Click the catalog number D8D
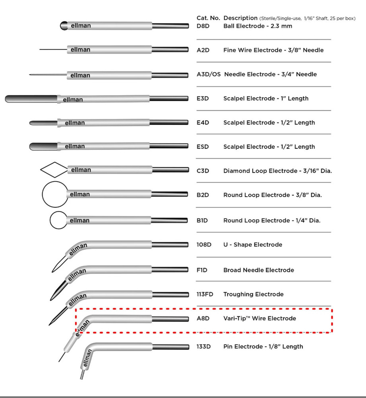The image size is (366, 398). pos(203,26)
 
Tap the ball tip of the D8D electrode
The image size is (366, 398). pos(63,26)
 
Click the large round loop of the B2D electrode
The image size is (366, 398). pos(54,194)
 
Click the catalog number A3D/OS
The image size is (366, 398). pos(209,74)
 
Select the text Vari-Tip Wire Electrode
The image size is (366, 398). pos(259,318)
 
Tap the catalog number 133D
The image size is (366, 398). pos(203,347)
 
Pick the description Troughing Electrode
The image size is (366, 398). pos(253,295)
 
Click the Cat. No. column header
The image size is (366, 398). pos(208,18)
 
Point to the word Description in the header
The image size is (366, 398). pos(240,18)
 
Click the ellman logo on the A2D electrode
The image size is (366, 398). pos(81,50)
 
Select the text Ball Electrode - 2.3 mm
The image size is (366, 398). pos(258,26)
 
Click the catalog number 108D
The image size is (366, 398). pos(204,245)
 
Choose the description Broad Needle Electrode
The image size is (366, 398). pos(259,270)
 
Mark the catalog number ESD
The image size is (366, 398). pos(203,147)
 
